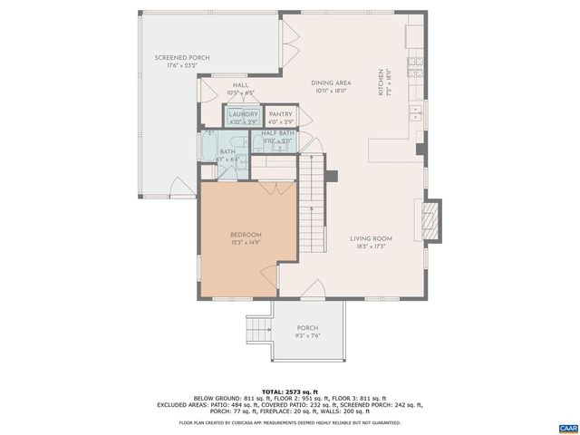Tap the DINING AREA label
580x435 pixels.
[330, 82]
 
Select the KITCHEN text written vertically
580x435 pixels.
[382, 82]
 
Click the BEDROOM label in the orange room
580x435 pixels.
[245, 235]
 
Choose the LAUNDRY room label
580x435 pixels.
[242, 114]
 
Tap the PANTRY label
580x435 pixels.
[281, 114]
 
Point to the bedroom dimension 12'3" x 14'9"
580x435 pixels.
[245, 243]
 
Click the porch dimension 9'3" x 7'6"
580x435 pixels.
[308, 335]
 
